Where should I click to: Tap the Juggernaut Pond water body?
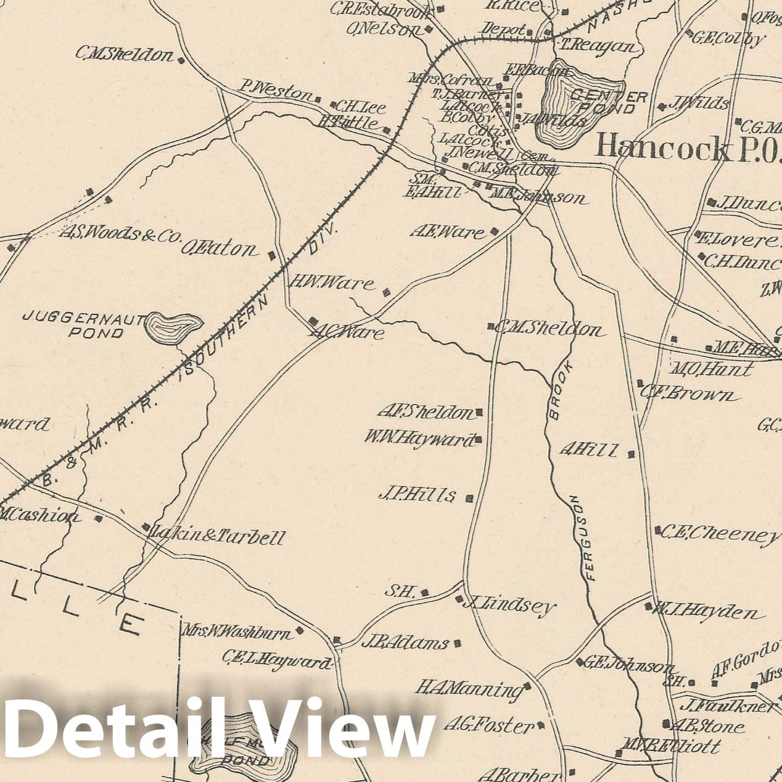coord(174,327)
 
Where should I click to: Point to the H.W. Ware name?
coord(332,283)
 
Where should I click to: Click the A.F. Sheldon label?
coord(425,412)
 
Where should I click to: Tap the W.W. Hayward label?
coord(419,439)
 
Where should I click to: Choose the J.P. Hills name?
coord(418,495)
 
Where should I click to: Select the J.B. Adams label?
coord(405,643)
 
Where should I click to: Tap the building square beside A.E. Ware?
coord(494,232)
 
